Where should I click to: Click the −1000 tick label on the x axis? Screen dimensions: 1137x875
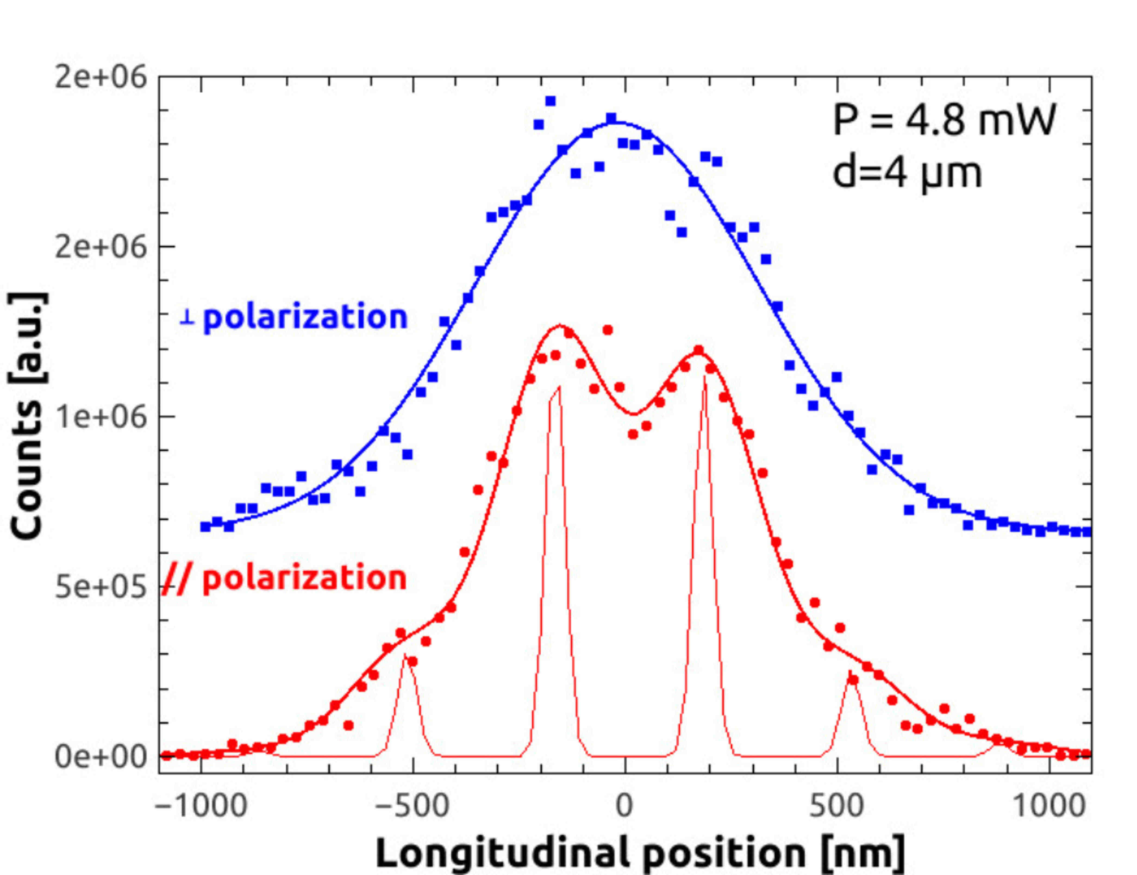(x=201, y=806)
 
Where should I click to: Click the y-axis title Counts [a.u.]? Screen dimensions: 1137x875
(x=27, y=416)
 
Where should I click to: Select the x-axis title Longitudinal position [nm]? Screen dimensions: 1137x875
(x=640, y=854)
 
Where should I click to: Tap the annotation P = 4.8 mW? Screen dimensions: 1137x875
(x=944, y=120)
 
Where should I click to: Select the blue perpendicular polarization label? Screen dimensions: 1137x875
(x=293, y=317)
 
